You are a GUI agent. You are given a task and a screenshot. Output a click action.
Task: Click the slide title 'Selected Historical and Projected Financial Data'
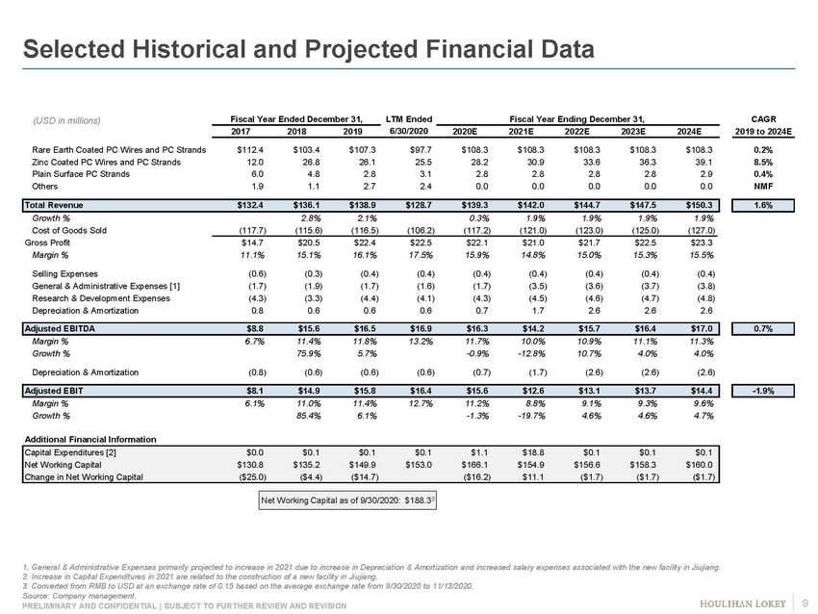point(308,47)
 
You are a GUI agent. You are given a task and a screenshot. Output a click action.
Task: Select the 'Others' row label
point(46,187)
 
